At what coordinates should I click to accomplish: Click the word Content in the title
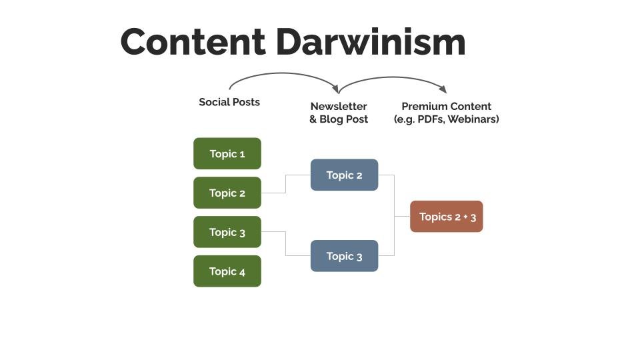click(x=193, y=41)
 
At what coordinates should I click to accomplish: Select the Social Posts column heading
click(x=229, y=102)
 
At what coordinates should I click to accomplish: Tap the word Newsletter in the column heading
click(x=339, y=106)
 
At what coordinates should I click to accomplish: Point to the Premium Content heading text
click(x=446, y=106)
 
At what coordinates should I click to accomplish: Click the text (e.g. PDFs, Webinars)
click(x=446, y=119)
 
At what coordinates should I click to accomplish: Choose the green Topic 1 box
click(x=227, y=154)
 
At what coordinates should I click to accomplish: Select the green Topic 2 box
click(x=227, y=193)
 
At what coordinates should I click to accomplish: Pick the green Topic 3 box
click(x=227, y=232)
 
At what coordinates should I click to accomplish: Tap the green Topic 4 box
click(x=227, y=271)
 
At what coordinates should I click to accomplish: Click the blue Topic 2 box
click(x=344, y=175)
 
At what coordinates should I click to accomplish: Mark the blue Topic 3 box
click(x=344, y=256)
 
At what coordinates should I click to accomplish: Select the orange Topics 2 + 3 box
click(x=446, y=217)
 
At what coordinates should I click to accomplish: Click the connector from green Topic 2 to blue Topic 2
click(x=286, y=184)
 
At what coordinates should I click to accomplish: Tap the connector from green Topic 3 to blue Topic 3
click(x=286, y=244)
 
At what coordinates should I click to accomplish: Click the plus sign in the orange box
click(x=465, y=217)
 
